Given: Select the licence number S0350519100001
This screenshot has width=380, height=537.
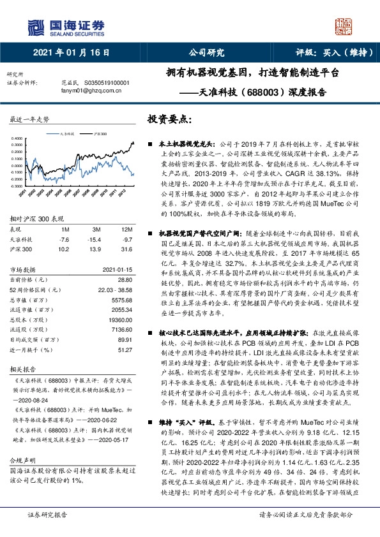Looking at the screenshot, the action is [x=105, y=82].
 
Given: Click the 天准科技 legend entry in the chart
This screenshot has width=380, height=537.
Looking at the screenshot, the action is [x=66, y=135].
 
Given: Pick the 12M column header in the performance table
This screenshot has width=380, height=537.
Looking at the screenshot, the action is [x=126, y=229].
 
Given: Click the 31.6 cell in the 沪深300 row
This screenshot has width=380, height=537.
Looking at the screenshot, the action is [x=127, y=247].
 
